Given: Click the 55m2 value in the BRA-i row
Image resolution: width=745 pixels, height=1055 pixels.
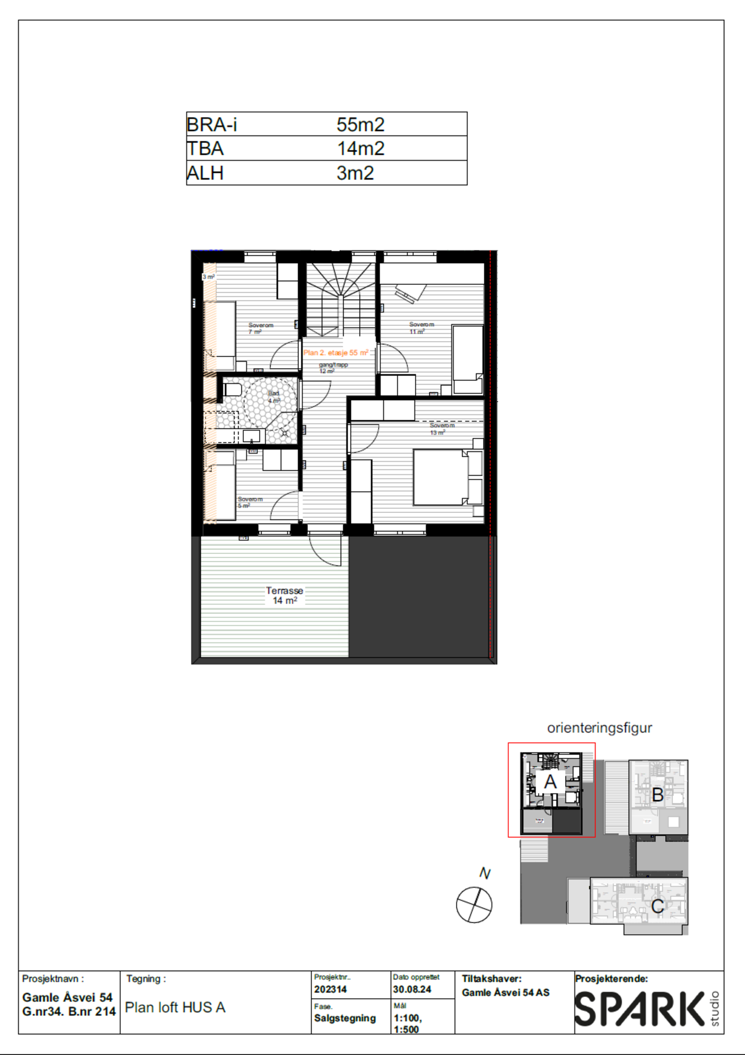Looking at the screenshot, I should [x=360, y=125].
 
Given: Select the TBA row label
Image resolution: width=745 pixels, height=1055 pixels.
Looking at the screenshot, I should [x=205, y=149].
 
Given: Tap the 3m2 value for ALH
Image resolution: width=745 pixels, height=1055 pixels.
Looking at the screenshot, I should [x=355, y=173].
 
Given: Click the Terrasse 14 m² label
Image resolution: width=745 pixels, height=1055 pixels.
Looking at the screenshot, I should [x=284, y=595].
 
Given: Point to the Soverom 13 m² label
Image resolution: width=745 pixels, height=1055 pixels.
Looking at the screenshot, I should [x=441, y=429].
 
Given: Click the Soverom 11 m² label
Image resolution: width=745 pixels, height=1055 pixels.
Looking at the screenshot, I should [x=421, y=328].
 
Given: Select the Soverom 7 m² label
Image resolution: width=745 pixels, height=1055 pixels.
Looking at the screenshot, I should [x=260, y=328].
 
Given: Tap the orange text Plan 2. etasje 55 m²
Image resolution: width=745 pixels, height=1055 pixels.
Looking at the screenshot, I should [x=336, y=353].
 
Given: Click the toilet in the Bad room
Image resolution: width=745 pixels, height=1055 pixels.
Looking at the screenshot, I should [x=232, y=389].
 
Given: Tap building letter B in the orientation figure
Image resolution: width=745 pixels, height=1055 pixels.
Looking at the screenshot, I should [x=658, y=795].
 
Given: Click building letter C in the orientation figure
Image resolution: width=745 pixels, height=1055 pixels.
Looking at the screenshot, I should [x=658, y=906].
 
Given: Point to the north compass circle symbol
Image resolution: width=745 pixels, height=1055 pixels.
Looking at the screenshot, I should [x=474, y=904].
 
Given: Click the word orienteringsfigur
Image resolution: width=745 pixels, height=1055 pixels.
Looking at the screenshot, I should [x=599, y=728].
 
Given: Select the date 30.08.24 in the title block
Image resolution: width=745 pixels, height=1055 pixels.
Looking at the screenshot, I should [x=412, y=989].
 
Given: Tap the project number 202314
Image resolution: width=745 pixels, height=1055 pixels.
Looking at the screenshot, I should [x=331, y=989].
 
